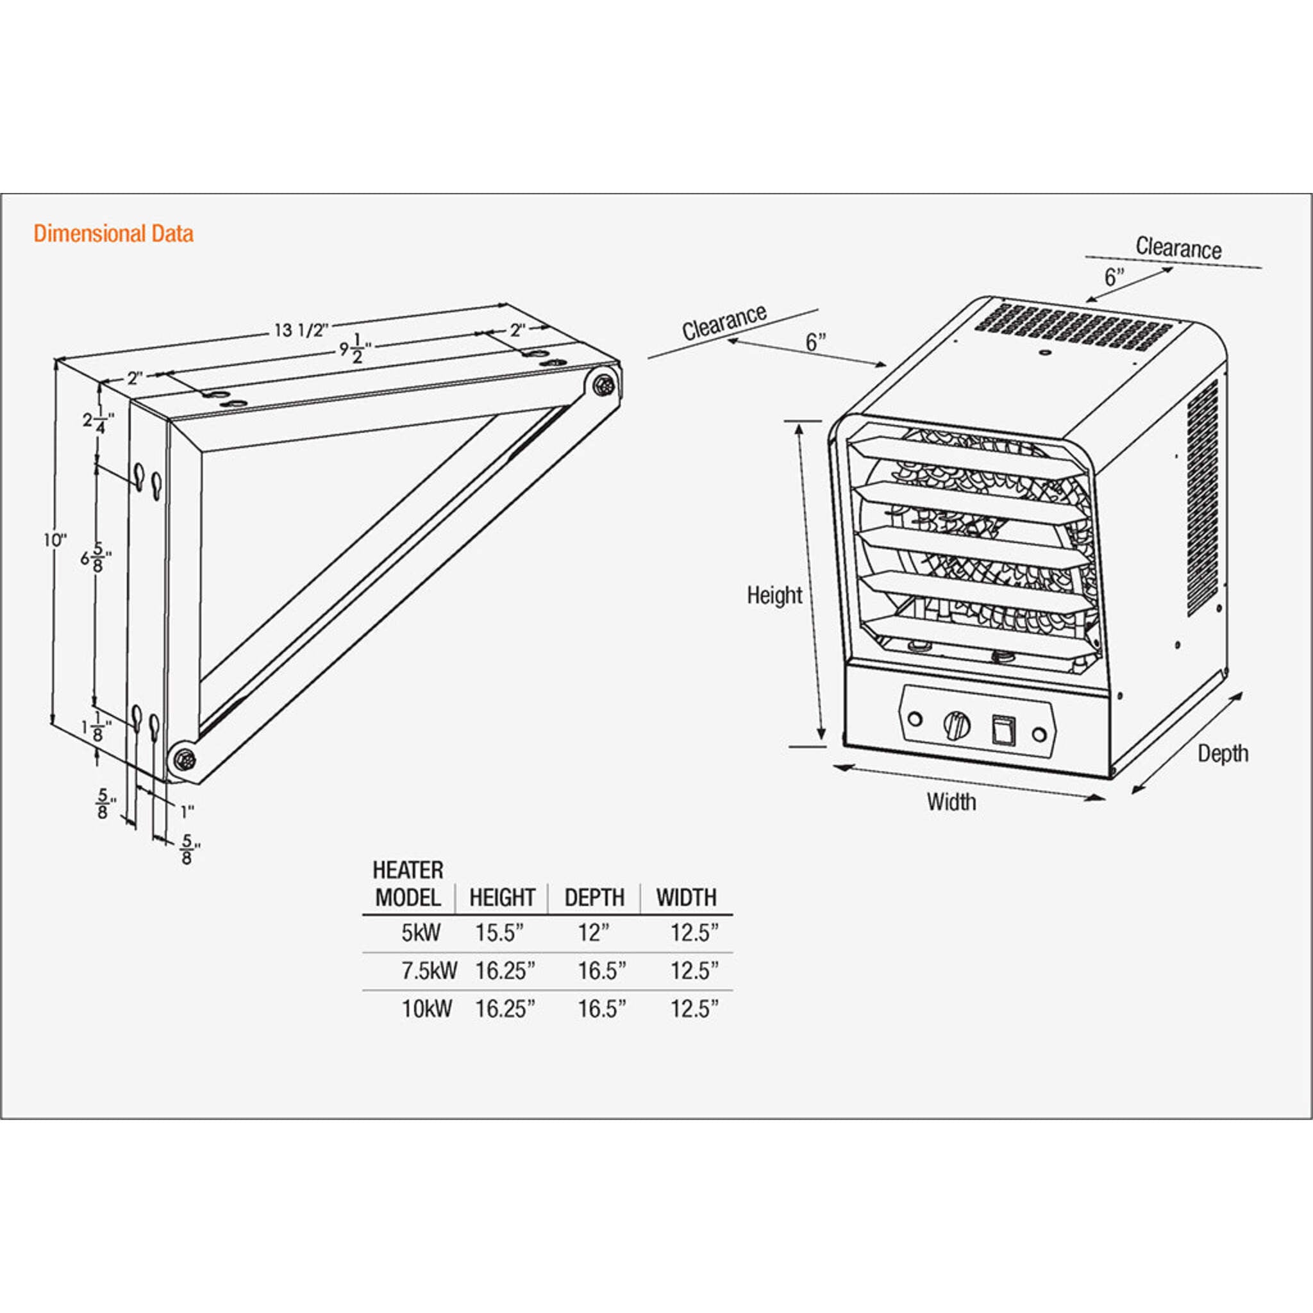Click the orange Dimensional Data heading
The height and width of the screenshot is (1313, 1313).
point(113,234)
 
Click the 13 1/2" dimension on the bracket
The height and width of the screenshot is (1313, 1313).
point(301,330)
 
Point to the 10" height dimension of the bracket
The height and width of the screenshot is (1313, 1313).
point(55,541)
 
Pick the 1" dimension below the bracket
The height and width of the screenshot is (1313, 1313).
point(187,811)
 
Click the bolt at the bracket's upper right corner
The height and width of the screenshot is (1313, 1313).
point(602,385)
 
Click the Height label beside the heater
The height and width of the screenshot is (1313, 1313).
point(774,596)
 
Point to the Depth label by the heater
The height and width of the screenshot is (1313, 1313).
point(1223,754)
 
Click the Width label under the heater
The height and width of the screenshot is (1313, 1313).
point(951,802)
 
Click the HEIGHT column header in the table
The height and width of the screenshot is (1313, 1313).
point(501,898)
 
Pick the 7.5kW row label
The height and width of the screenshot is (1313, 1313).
point(428,971)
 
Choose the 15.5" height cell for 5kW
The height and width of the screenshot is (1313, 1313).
point(499,933)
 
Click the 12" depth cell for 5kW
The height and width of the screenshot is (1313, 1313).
point(594,933)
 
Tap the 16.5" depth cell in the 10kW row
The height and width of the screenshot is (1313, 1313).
point(601,1009)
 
